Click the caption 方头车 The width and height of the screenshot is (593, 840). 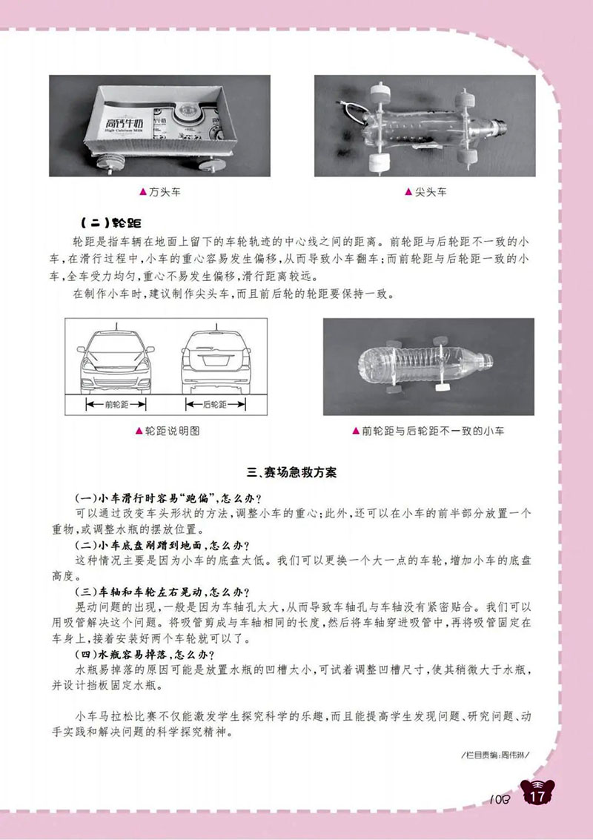(165, 192)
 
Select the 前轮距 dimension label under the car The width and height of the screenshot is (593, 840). (116, 404)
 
